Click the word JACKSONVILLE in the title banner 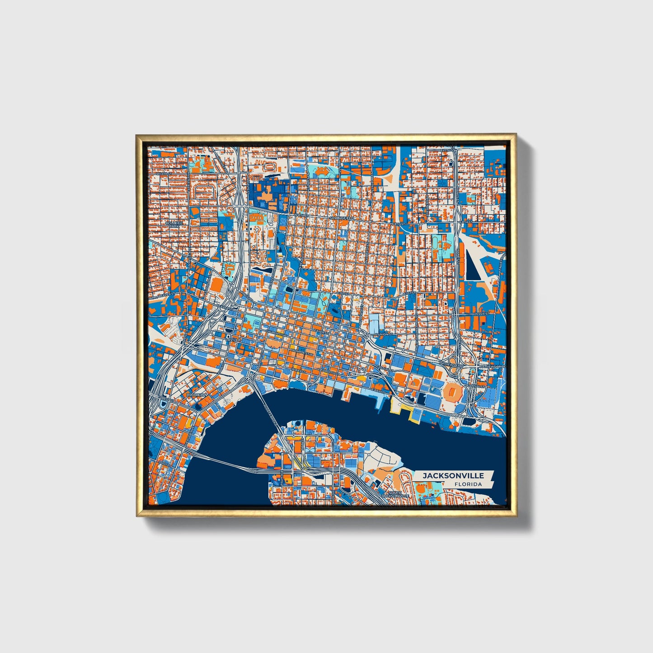(453, 475)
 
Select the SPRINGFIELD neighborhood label (343, 218)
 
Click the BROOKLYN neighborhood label (197, 395)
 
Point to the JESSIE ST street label (482, 313)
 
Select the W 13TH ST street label (163, 173)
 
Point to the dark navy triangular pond (472, 267)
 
